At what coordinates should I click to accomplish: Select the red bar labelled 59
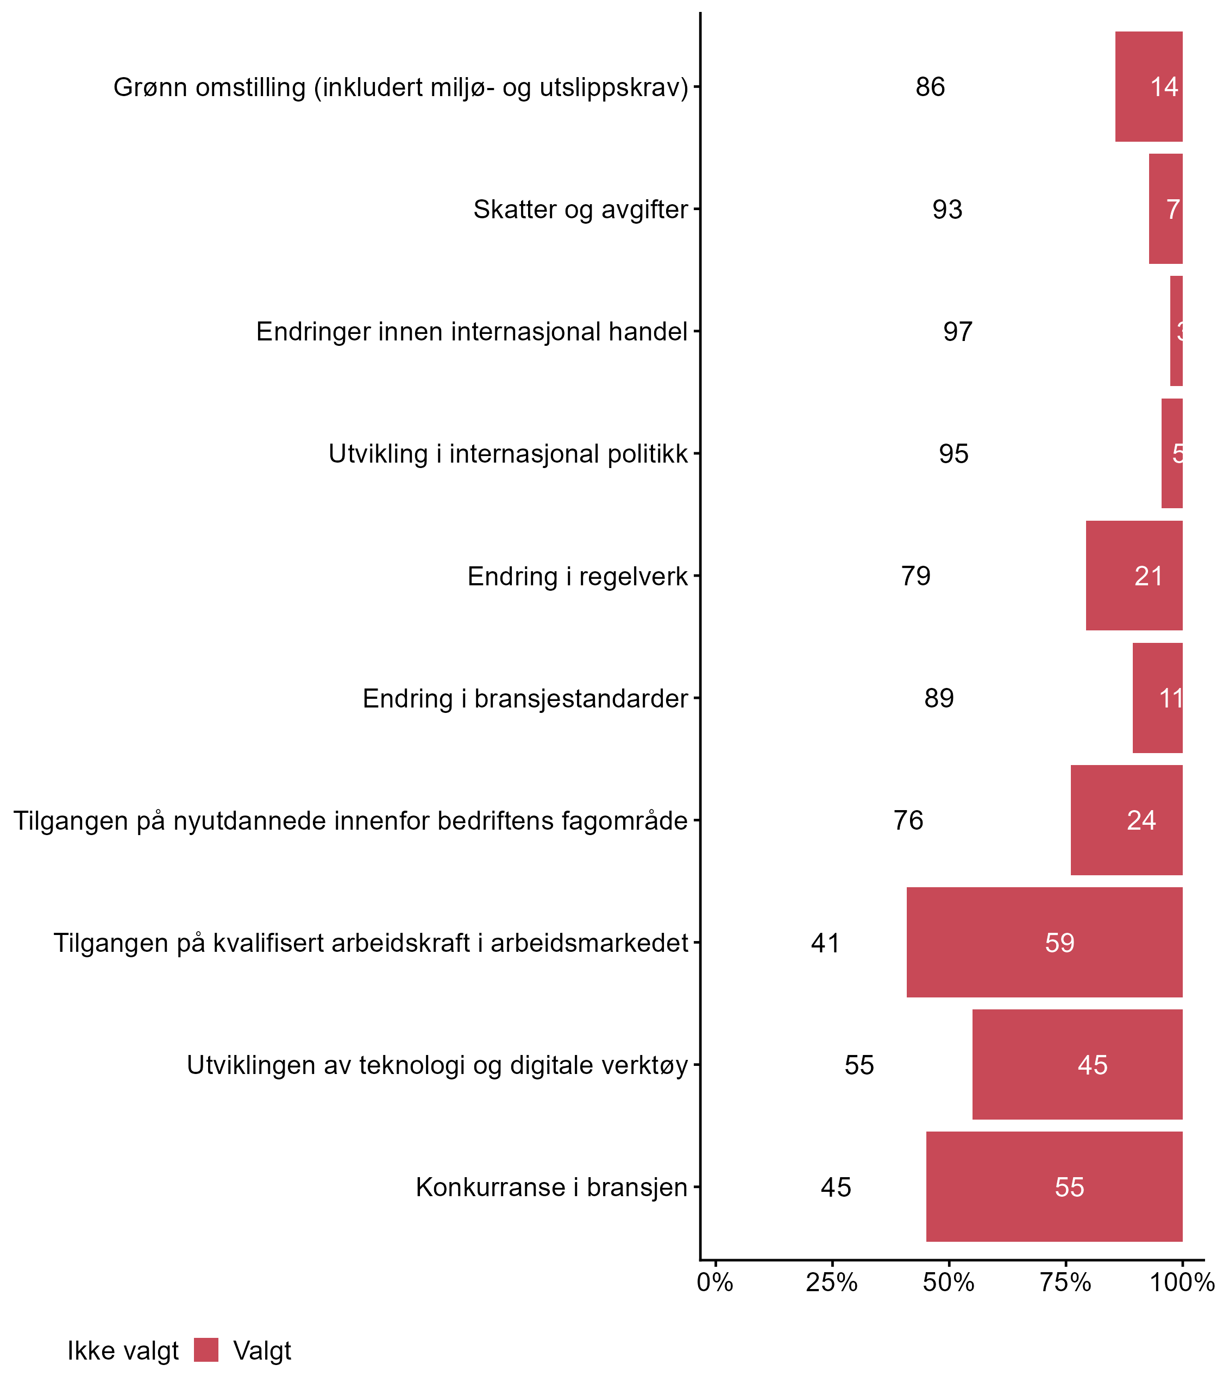(1044, 942)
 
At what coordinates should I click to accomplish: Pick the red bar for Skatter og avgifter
(1165, 209)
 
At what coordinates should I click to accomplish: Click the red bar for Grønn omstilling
(1149, 87)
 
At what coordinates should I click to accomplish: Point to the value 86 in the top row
(930, 87)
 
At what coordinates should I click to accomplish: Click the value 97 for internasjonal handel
(957, 332)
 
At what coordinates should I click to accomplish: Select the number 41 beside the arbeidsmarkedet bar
(825, 943)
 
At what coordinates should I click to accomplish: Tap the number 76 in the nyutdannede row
(908, 820)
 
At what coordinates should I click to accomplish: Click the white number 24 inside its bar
(1141, 820)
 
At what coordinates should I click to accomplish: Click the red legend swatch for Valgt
(206, 1350)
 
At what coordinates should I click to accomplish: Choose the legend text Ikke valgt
(123, 1351)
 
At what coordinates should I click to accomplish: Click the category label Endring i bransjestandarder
(525, 698)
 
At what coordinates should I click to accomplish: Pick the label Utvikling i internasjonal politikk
(508, 454)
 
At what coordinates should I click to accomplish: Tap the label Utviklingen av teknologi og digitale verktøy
(437, 1065)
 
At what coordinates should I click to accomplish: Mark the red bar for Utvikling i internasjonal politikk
(1171, 453)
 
